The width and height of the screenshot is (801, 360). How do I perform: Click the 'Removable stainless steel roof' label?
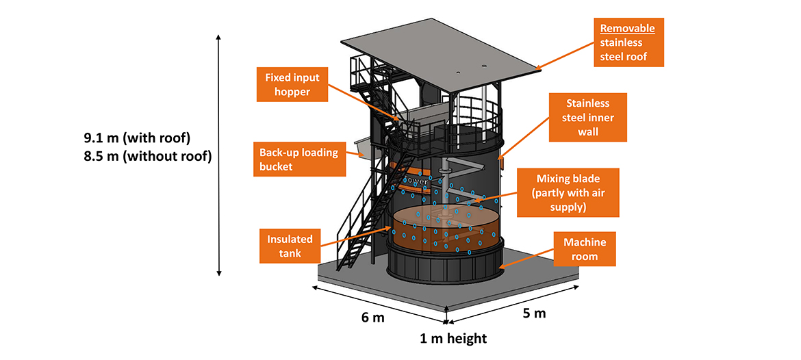(x=628, y=42)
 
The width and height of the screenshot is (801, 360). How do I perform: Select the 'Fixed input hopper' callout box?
(x=293, y=83)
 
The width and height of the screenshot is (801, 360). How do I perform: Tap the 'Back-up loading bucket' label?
(x=298, y=159)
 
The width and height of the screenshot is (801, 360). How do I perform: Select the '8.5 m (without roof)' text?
(x=147, y=156)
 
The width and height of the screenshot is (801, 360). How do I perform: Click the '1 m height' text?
(x=453, y=338)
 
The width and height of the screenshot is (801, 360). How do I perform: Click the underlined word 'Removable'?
(x=628, y=29)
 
